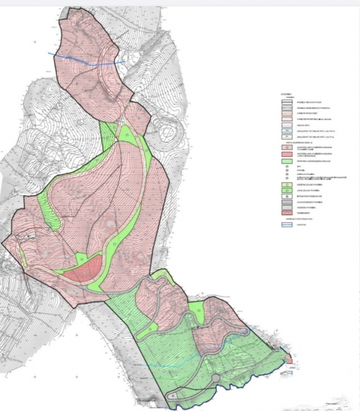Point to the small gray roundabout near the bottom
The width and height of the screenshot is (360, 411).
217,379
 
